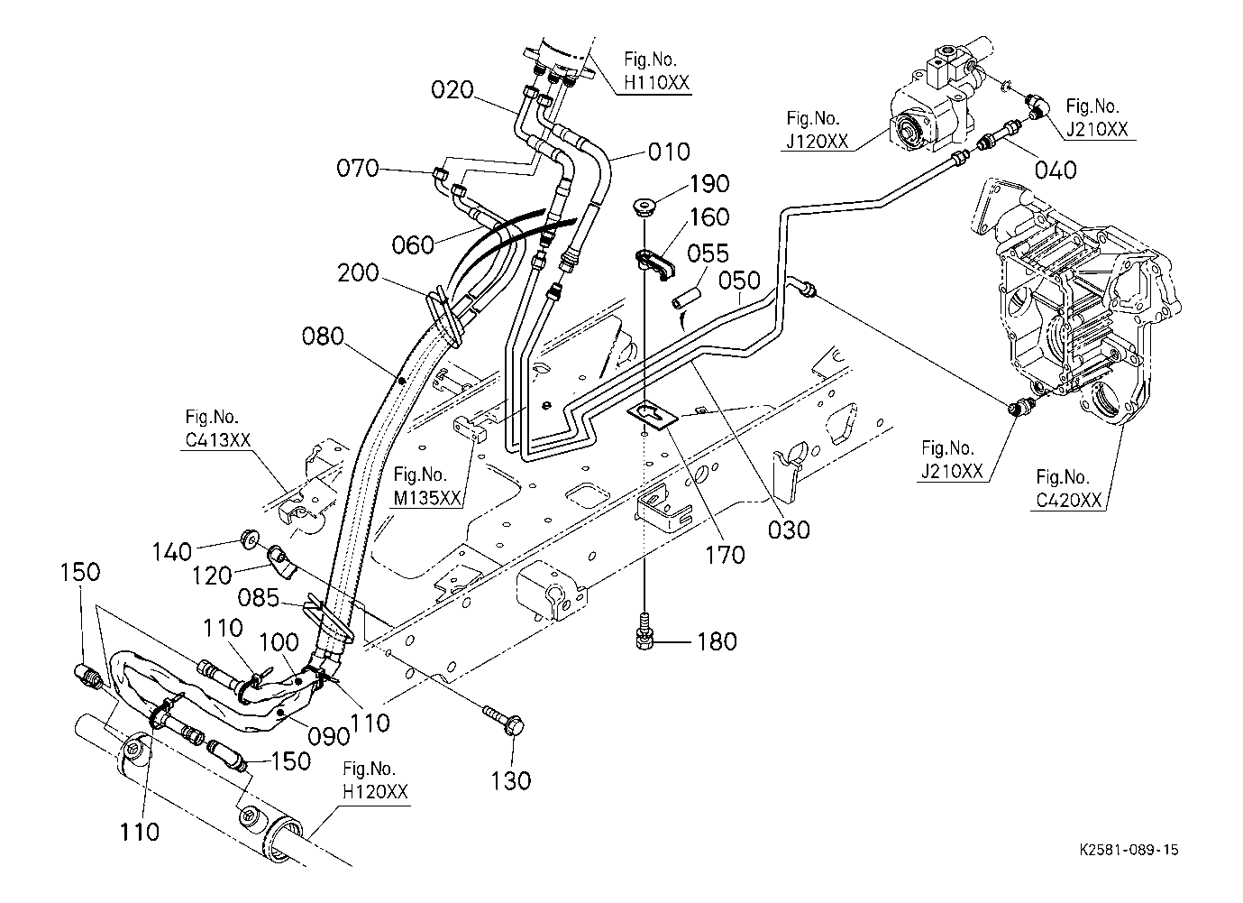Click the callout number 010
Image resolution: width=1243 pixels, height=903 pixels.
[669, 152]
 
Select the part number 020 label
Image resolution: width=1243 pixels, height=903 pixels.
[452, 90]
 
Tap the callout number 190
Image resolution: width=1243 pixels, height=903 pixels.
[709, 184]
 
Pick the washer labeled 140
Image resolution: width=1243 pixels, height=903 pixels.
[249, 538]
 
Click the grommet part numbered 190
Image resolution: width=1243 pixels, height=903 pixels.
[644, 205]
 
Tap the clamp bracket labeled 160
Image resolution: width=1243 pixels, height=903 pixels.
[653, 265]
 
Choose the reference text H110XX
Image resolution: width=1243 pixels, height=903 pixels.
[656, 83]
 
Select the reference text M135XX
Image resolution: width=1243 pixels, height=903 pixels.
[427, 498]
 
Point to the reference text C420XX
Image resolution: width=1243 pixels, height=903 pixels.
[1068, 501]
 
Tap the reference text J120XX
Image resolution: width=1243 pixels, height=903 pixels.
[818, 141]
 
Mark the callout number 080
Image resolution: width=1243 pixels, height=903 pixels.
[323, 336]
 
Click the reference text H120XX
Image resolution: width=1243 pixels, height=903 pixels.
[375, 791]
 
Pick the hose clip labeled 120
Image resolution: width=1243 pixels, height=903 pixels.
[281, 563]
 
